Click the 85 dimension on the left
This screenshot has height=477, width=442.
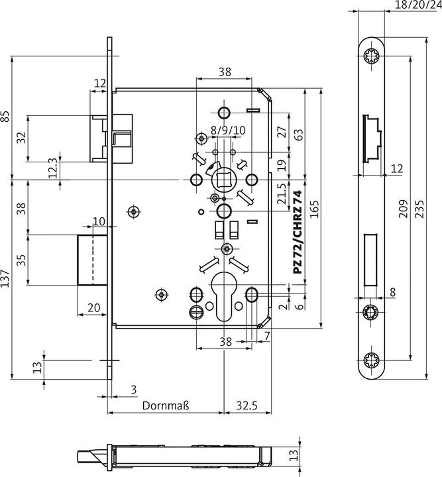pos(5,117)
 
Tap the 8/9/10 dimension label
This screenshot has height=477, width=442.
pos(228,131)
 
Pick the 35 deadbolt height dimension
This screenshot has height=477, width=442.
pos(21,259)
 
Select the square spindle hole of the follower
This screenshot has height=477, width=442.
pos(223,180)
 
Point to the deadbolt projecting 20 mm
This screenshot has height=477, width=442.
pos(92,259)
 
